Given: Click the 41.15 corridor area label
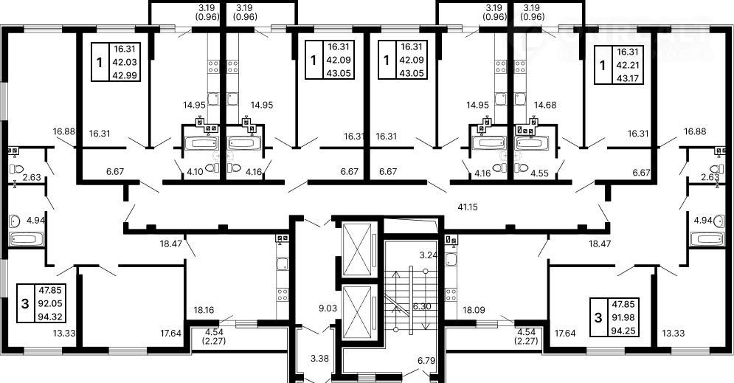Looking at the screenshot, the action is click(x=468, y=207).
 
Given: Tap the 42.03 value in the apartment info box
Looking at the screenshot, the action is click(x=124, y=61).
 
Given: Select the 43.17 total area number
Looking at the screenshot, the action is click(x=627, y=77).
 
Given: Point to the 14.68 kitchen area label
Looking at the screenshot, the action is click(x=545, y=105).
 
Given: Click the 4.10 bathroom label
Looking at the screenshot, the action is click(x=195, y=171).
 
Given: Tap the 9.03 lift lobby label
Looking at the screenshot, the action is click(x=328, y=308).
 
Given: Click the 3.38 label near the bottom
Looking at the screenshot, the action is click(x=319, y=359).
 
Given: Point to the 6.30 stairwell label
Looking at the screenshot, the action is click(x=421, y=306).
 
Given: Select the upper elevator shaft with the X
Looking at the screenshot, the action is click(x=357, y=249).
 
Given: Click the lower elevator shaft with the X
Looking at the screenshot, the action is click(x=357, y=312).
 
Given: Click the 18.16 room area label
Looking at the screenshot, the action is click(x=204, y=309).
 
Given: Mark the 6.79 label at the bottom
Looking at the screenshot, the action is click(x=426, y=361).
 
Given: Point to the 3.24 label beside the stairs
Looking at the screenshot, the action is click(x=428, y=255).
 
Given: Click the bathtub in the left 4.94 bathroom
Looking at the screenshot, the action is click(x=26, y=239).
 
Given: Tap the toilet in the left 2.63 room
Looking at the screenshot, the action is click(x=16, y=169).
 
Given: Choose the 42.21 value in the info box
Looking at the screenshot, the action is click(x=627, y=65).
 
